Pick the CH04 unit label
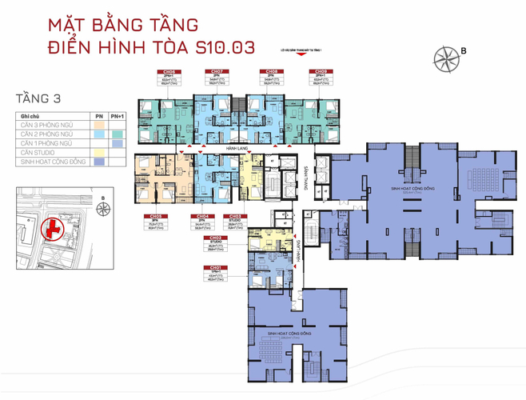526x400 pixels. pyautogui.click(x=203, y=216)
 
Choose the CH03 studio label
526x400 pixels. pyautogui.click(x=237, y=216)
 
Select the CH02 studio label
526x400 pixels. pyautogui.click(x=214, y=238)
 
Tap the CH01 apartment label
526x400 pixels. pyautogui.click(x=214, y=267)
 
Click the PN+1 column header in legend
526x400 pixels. pyautogui.click(x=118, y=115)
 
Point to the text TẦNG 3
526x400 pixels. pyautogui.click(x=38, y=98)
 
